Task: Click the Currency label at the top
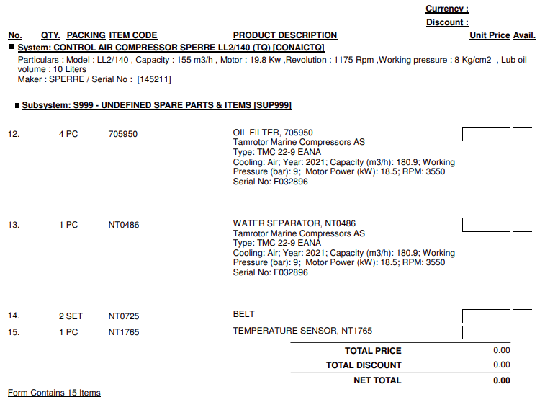coord(446,9)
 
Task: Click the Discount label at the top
coord(446,22)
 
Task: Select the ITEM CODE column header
coord(132,35)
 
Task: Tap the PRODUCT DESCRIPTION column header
coord(284,35)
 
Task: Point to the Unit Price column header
coord(490,35)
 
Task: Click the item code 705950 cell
coord(122,134)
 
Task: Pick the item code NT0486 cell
coord(124,225)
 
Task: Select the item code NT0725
coord(124,316)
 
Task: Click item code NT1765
coord(124,332)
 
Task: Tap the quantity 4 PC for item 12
coord(68,134)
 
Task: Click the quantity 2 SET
coord(71,316)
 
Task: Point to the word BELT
coord(244,314)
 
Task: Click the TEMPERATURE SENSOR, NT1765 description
coord(302,331)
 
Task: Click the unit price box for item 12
coord(486,134)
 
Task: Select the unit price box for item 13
coord(486,224)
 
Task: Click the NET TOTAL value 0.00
coord(501,380)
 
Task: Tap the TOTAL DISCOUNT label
coord(364,365)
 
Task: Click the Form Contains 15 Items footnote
coord(54,393)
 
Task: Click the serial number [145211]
coord(154,79)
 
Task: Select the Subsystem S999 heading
coord(156,105)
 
